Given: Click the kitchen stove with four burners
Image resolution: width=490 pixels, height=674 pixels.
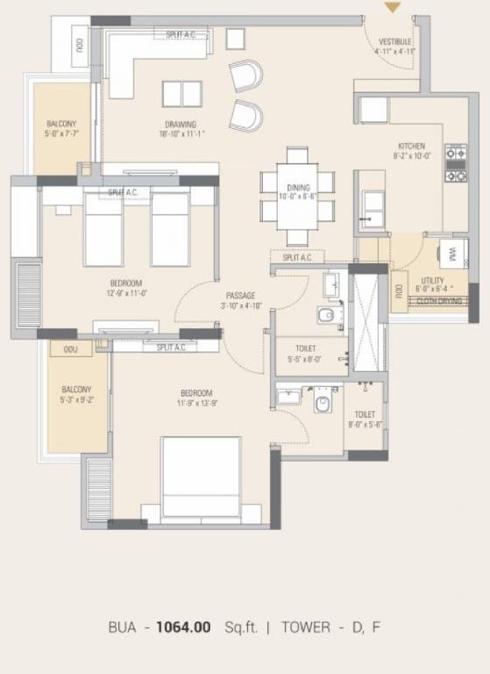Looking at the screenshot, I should click(456, 163).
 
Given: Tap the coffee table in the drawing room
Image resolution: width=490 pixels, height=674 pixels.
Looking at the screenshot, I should click(181, 94).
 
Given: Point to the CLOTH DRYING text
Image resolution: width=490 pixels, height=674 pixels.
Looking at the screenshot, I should click(438, 301).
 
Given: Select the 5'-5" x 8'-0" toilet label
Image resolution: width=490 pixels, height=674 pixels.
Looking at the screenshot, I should click(306, 354).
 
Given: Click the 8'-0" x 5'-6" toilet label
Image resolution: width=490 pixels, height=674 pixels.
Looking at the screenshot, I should click(365, 419).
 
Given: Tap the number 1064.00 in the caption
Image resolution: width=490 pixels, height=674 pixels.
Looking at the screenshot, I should click(183, 627).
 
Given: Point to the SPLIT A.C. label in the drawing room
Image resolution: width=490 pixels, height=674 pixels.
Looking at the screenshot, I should click(181, 34).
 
